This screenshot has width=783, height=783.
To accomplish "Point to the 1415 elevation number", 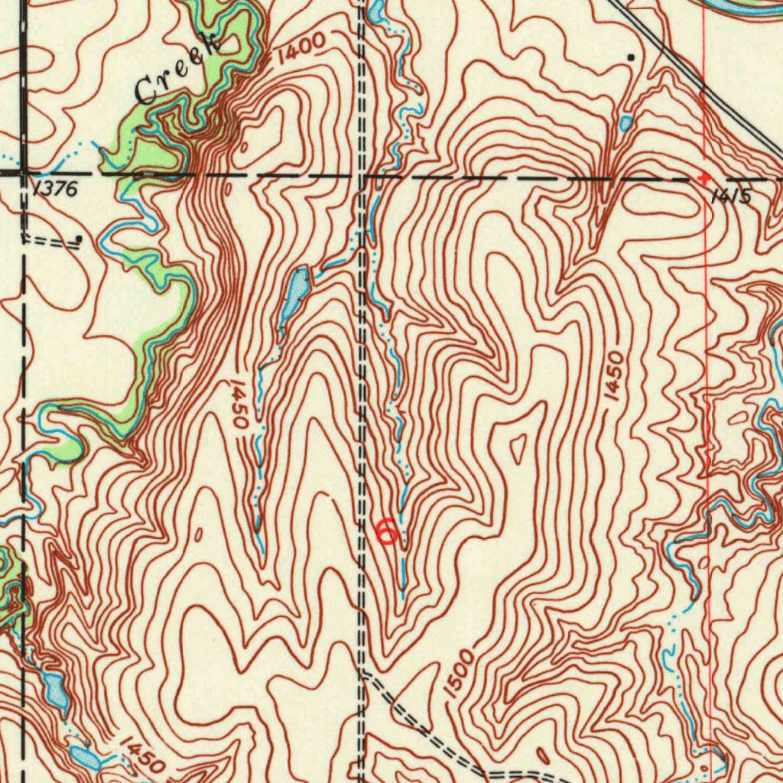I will point(729,197).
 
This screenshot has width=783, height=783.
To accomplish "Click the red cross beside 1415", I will point(704,177).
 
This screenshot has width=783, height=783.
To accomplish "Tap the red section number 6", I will point(387,529).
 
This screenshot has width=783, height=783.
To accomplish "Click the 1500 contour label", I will point(458,674).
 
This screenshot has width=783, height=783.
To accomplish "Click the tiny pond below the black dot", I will point(626,122).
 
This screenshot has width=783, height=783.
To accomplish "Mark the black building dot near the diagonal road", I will point(631,57).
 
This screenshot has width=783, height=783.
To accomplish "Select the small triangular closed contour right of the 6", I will point(518,447).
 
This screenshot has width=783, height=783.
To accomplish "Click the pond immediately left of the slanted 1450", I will point(84,757).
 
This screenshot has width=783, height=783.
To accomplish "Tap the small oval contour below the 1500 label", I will point(542,755).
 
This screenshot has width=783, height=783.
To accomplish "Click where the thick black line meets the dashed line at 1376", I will point(24,174).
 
